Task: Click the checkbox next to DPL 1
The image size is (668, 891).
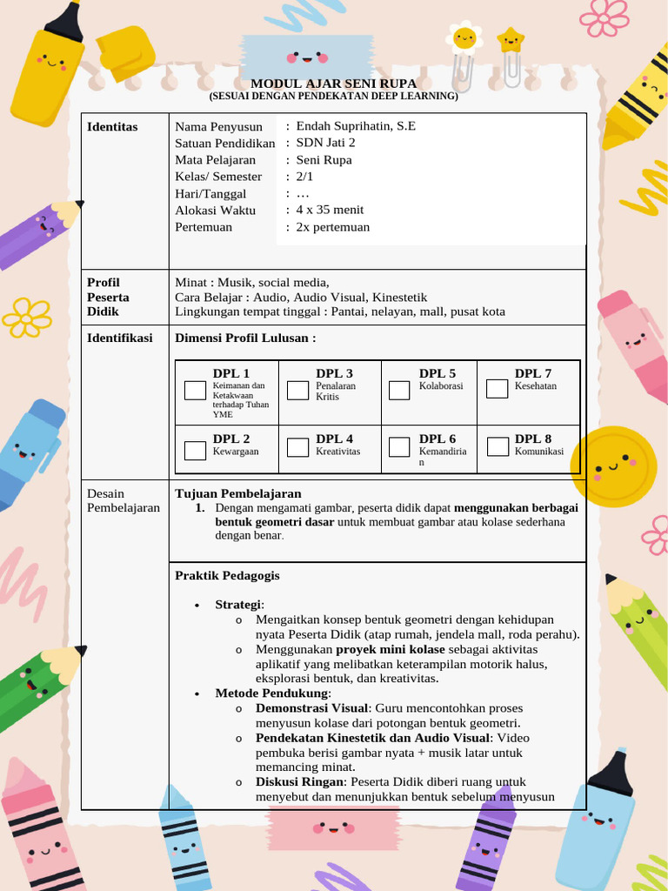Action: [195, 390]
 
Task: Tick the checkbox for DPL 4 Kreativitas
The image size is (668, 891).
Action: [298, 447]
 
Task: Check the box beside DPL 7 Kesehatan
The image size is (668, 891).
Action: [497, 388]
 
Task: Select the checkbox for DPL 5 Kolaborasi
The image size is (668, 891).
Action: [399, 390]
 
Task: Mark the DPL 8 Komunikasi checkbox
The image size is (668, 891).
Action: [498, 447]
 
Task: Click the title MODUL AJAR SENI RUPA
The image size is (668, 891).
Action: [333, 84]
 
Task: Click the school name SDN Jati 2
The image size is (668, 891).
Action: [325, 143]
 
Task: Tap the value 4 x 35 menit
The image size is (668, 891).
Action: [330, 210]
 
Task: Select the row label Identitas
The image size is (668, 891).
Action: [112, 127]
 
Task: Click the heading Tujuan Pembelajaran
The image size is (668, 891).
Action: [238, 493]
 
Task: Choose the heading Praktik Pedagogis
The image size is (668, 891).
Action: [227, 575]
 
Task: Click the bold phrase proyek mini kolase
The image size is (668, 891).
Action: [391, 649]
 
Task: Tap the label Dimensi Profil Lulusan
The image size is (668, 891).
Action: [245, 338]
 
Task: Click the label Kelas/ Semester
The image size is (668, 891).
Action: [218, 177]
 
